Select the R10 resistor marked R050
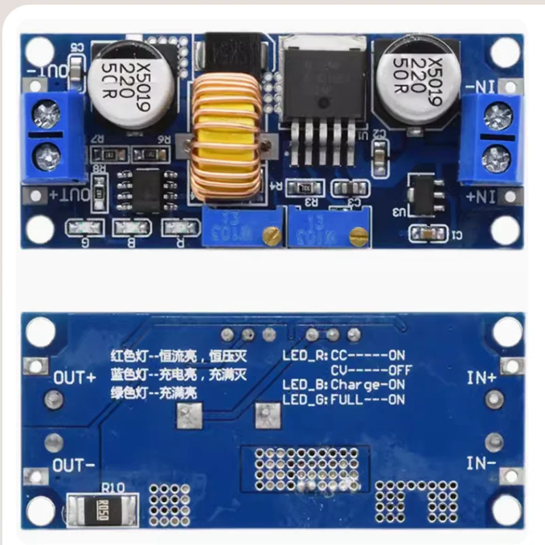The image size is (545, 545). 103,508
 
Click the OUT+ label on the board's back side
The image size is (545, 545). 75,377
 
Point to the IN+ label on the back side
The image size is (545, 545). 481,377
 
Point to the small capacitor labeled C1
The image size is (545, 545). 427,234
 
